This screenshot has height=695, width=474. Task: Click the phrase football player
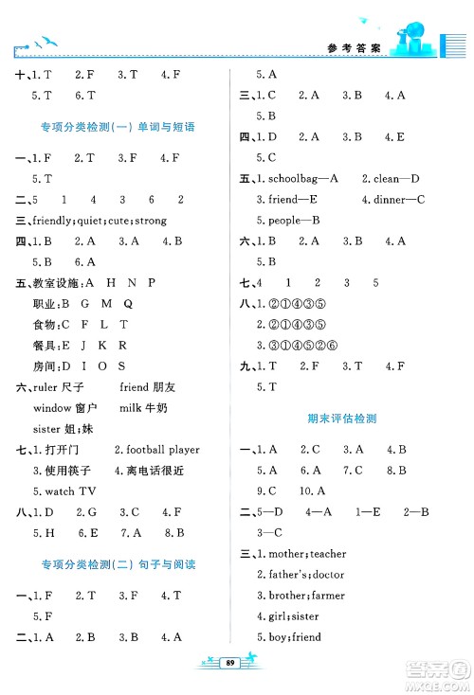pyautogui.click(x=160, y=449)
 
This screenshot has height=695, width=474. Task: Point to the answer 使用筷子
pyautogui.click(x=67, y=470)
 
